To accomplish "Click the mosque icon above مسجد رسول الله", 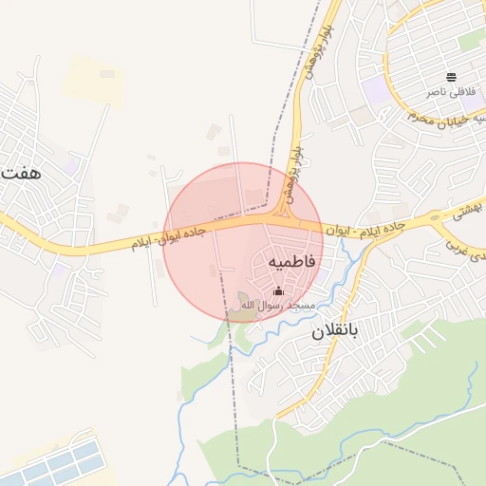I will coord(278,291).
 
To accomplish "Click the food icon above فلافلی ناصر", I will coord(451,77).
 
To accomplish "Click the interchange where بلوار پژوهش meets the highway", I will coord(284,220).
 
